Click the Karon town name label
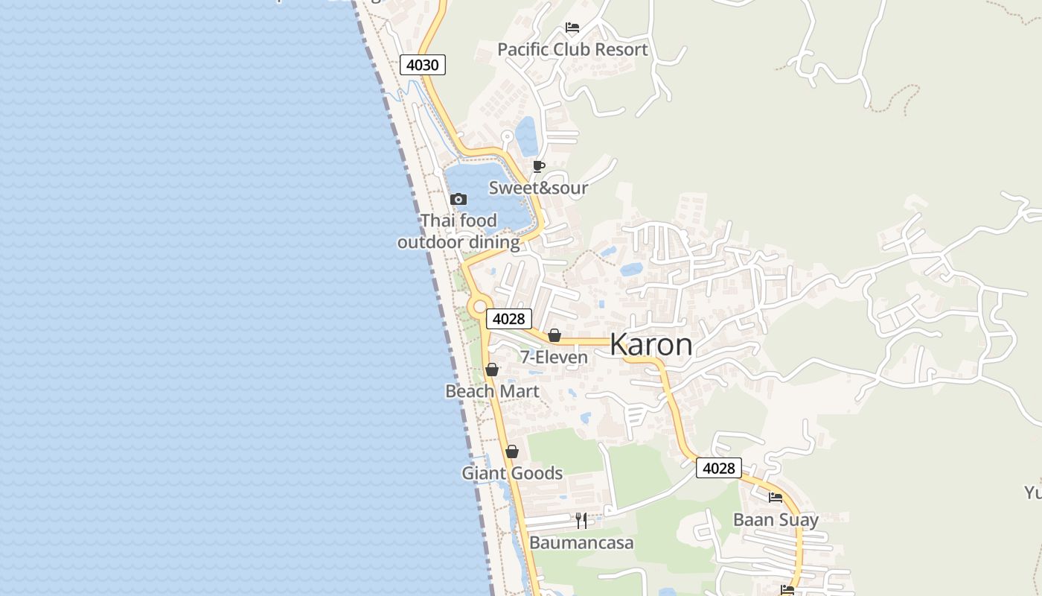tap(651, 345)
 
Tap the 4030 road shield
tap(423, 65)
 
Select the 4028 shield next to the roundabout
tap(509, 319)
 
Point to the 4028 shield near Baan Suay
tap(719, 468)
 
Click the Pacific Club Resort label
tap(572, 50)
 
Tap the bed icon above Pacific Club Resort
tap(572, 28)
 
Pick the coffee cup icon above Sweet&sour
tap(539, 166)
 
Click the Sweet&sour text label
tap(538, 188)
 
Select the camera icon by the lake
tap(458, 199)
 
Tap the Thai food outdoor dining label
tap(458, 231)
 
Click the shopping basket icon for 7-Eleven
tap(554, 335)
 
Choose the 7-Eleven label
tap(554, 358)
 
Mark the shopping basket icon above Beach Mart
tap(491, 370)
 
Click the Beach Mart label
tap(492, 391)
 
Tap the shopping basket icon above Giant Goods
tap(511, 451)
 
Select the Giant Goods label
tap(512, 473)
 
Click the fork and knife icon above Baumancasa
tap(581, 520)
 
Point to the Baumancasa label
tap(581, 542)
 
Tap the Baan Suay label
tap(776, 520)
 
